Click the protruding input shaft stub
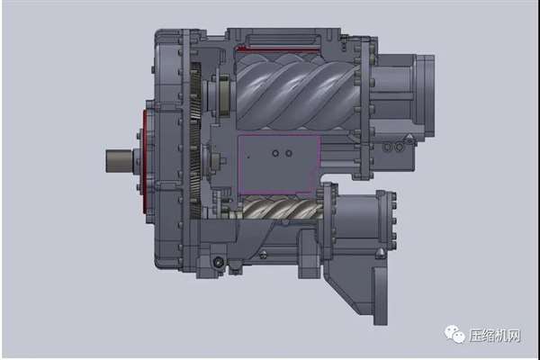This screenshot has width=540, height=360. point(119,161)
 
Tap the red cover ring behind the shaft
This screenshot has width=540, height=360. point(145,161)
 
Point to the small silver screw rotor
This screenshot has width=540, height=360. point(282,207)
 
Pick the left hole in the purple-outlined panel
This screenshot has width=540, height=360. point(275,153)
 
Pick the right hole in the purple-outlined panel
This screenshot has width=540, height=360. point(289,153)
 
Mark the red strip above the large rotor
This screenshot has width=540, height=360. point(277,49)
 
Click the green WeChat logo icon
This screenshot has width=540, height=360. point(454,334)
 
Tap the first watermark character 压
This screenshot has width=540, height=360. point(475,335)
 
